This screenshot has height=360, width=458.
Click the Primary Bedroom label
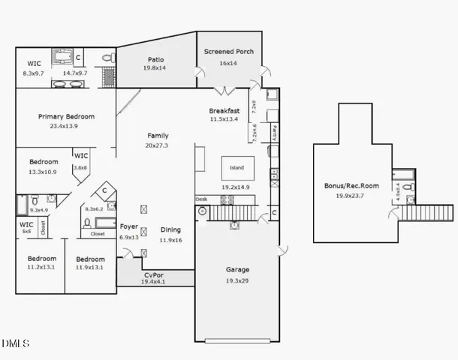pyautogui.click(x=66, y=116)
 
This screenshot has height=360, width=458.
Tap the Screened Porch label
pyautogui.click(x=229, y=52)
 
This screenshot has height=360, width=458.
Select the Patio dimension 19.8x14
pyautogui.click(x=155, y=67)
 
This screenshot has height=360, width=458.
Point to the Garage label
pyautogui.click(x=237, y=269)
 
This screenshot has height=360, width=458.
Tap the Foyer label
pyautogui.click(x=129, y=226)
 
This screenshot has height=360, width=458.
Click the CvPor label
pyautogui.click(x=153, y=275)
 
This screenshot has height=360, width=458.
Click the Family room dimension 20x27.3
pyautogui.click(x=157, y=145)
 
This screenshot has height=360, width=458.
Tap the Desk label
pyautogui.click(x=201, y=199)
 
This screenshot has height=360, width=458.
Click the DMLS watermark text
pyautogui.click(x=15, y=344)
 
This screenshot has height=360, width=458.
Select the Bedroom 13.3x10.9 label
pyautogui.click(x=44, y=162)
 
